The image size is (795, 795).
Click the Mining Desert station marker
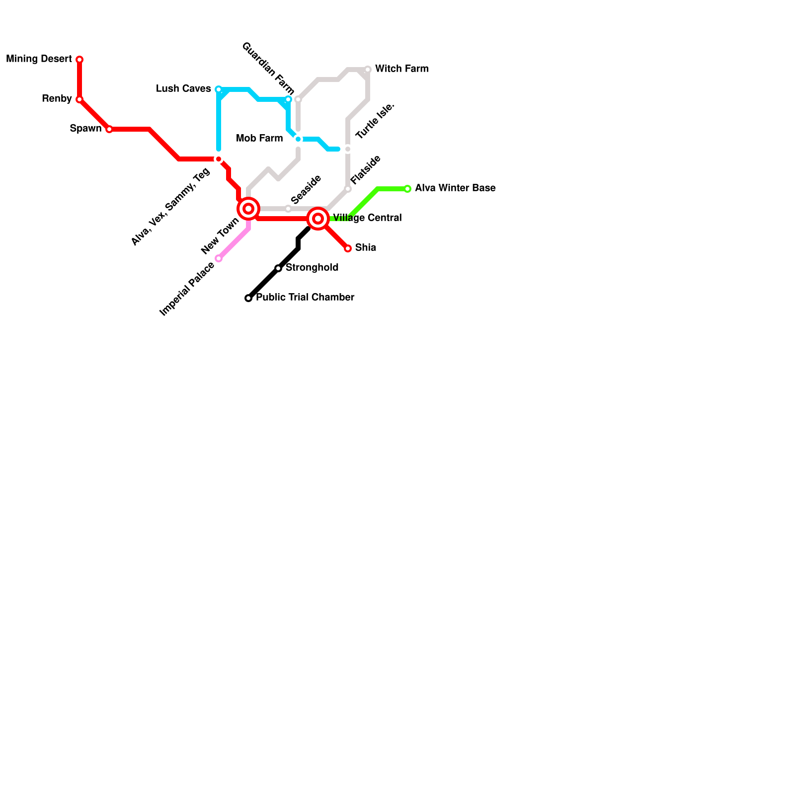tap(79, 60)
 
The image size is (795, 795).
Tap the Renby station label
tap(57, 99)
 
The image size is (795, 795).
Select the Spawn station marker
tap(109, 129)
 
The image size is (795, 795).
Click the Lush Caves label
tap(183, 89)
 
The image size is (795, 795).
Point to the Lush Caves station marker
tap(219, 89)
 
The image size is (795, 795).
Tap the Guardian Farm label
tap(268, 69)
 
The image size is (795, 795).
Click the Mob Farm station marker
tap(298, 139)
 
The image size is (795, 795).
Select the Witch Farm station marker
tap(368, 70)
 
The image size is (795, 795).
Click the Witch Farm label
tap(401, 69)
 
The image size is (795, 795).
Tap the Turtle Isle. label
tap(375, 121)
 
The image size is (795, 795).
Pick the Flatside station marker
tap(348, 189)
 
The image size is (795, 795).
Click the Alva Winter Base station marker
tap(407, 189)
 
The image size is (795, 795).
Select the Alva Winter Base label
tap(455, 188)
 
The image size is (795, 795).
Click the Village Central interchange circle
tap(318, 219)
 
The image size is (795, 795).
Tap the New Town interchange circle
tap(248, 209)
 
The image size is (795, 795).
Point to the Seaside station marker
tap(288, 209)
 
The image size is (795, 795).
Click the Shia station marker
tap(348, 248)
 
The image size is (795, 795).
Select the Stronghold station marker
tap(278, 268)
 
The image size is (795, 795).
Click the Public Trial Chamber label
tap(305, 298)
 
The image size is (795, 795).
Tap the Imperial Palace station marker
tap(219, 258)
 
